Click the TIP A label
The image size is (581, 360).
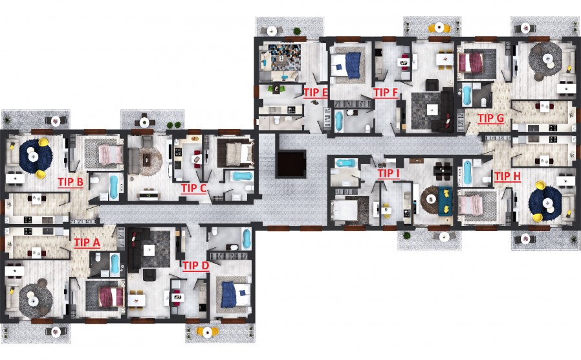(87, 242)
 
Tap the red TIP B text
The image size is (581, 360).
(70, 182)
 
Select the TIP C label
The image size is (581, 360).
(193, 188)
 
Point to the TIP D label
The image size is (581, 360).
(195, 266)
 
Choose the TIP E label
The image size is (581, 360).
(315, 93)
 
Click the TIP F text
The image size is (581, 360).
(386, 93)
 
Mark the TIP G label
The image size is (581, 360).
(490, 118)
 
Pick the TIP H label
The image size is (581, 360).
(507, 177)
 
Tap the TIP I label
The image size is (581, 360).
(388, 173)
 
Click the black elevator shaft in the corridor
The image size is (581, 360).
(291, 164)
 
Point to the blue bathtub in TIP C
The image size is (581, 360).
(243, 176)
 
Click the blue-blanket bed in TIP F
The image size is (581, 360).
(347, 65)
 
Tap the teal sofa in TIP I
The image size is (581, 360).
(445, 201)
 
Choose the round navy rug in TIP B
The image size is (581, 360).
(34, 157)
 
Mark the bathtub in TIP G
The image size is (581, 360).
(467, 95)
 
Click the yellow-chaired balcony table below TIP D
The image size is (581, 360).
(207, 332)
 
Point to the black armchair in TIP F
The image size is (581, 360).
(432, 85)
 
